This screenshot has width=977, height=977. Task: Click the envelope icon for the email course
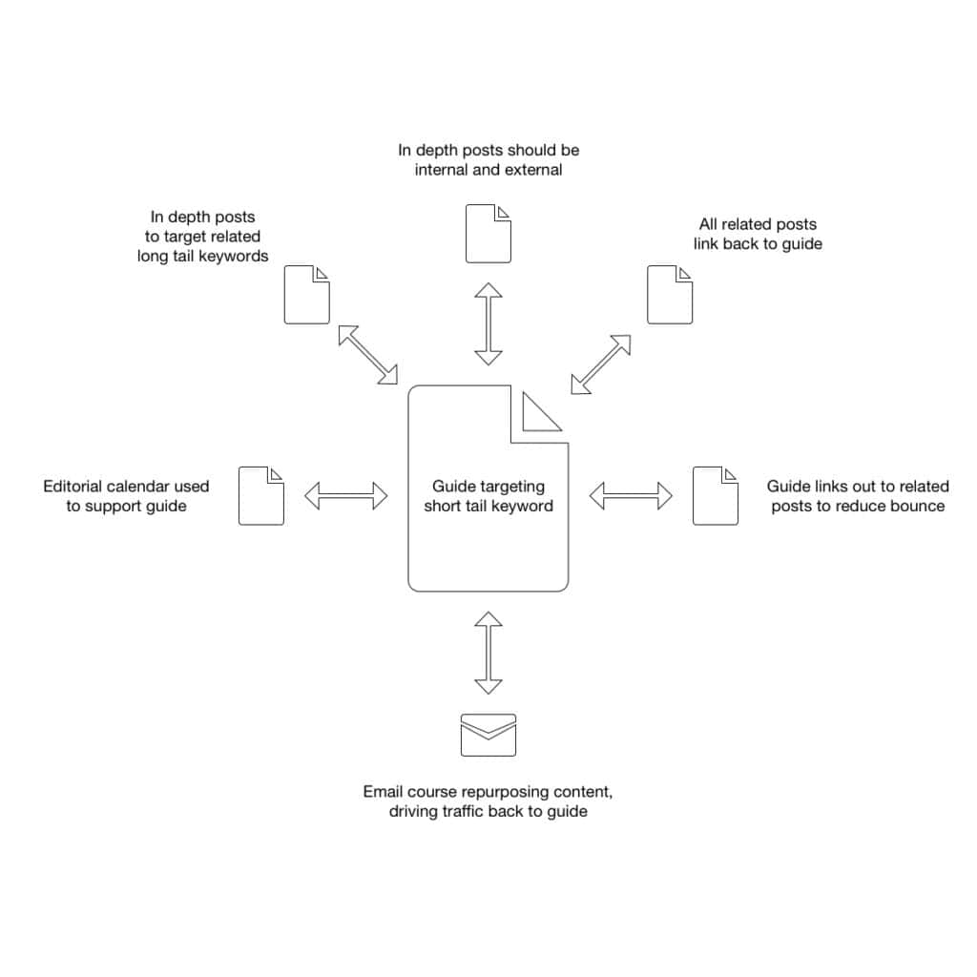pyautogui.click(x=488, y=735)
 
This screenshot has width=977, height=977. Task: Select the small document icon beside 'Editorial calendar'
pyautogui.click(x=260, y=495)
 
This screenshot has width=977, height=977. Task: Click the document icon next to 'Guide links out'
pyautogui.click(x=715, y=495)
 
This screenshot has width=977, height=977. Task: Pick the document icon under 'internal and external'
pyautogui.click(x=488, y=233)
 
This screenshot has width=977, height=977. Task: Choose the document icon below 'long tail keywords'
pyautogui.click(x=306, y=295)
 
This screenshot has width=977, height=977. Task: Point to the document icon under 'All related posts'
pyautogui.click(x=669, y=295)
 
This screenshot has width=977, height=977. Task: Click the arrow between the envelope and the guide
pyautogui.click(x=488, y=654)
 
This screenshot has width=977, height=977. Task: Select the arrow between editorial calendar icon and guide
pyautogui.click(x=345, y=495)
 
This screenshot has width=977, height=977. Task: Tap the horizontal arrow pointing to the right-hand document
pyautogui.click(x=631, y=495)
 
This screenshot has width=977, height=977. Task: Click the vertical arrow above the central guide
pyautogui.click(x=488, y=323)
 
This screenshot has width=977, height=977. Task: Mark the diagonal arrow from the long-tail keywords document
pyautogui.click(x=367, y=354)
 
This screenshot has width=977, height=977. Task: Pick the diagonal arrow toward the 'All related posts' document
pyautogui.click(x=601, y=364)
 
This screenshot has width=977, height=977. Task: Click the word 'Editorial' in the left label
pyautogui.click(x=73, y=486)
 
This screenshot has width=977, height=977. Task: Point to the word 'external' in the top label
pyautogui.click(x=531, y=170)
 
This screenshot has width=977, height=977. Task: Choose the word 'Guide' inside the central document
pyautogui.click(x=453, y=486)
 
